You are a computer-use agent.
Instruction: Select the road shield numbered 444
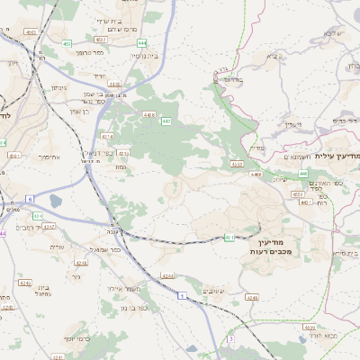click(x=142, y=42)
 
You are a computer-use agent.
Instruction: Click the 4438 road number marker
click(x=149, y=115)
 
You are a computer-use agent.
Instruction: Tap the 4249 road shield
click(x=252, y=296)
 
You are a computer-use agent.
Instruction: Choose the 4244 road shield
click(x=166, y=274)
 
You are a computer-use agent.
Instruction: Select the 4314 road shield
click(x=108, y=136)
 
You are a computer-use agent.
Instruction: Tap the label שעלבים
click(x=212, y=290)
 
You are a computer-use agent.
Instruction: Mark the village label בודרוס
click(x=231, y=79)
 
